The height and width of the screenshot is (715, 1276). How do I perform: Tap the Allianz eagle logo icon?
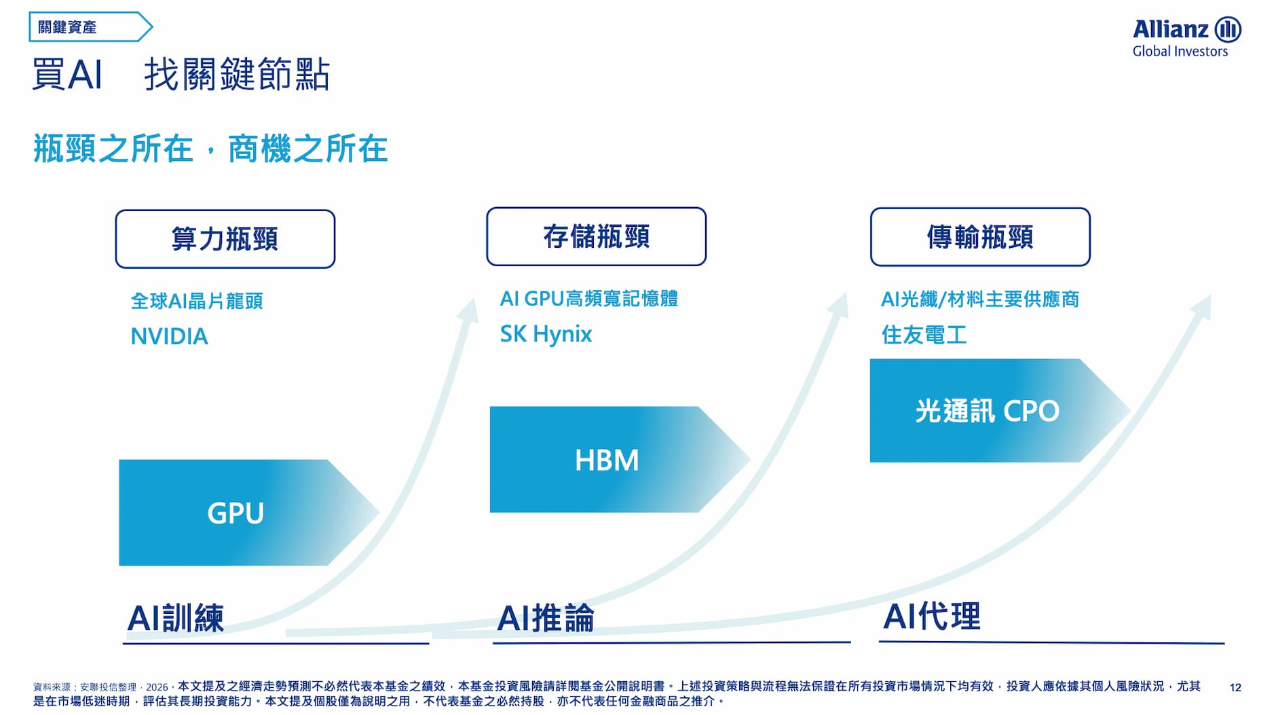pyautogui.click(x=1228, y=30)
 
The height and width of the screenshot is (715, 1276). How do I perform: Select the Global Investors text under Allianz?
pyautogui.click(x=1180, y=52)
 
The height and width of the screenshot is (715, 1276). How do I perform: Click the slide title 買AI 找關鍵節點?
pyautogui.click(x=181, y=74)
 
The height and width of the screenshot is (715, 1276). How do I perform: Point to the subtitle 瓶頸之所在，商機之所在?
pyautogui.click(x=210, y=149)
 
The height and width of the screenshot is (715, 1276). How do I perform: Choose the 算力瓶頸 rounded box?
pyautogui.click(x=225, y=239)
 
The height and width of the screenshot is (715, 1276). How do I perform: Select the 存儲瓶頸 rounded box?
pyautogui.click(x=597, y=236)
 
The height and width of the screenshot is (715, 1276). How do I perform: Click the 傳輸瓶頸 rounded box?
pyautogui.click(x=980, y=237)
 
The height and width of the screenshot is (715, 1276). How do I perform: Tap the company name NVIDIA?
pyautogui.click(x=169, y=337)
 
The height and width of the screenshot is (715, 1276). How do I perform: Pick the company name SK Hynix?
pyautogui.click(x=546, y=334)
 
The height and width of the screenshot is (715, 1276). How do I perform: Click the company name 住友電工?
pyautogui.click(x=924, y=335)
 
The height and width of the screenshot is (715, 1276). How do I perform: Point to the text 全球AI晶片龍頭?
pyautogui.click(x=197, y=301)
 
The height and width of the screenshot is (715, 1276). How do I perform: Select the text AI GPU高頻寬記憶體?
pyautogui.click(x=589, y=298)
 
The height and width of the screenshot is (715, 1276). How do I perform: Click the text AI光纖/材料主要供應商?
pyautogui.click(x=980, y=299)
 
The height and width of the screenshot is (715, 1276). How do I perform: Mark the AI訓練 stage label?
pyautogui.click(x=176, y=618)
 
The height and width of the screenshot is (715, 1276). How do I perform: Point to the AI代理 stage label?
pyautogui.click(x=932, y=617)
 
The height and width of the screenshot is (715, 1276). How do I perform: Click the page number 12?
pyautogui.click(x=1235, y=687)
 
